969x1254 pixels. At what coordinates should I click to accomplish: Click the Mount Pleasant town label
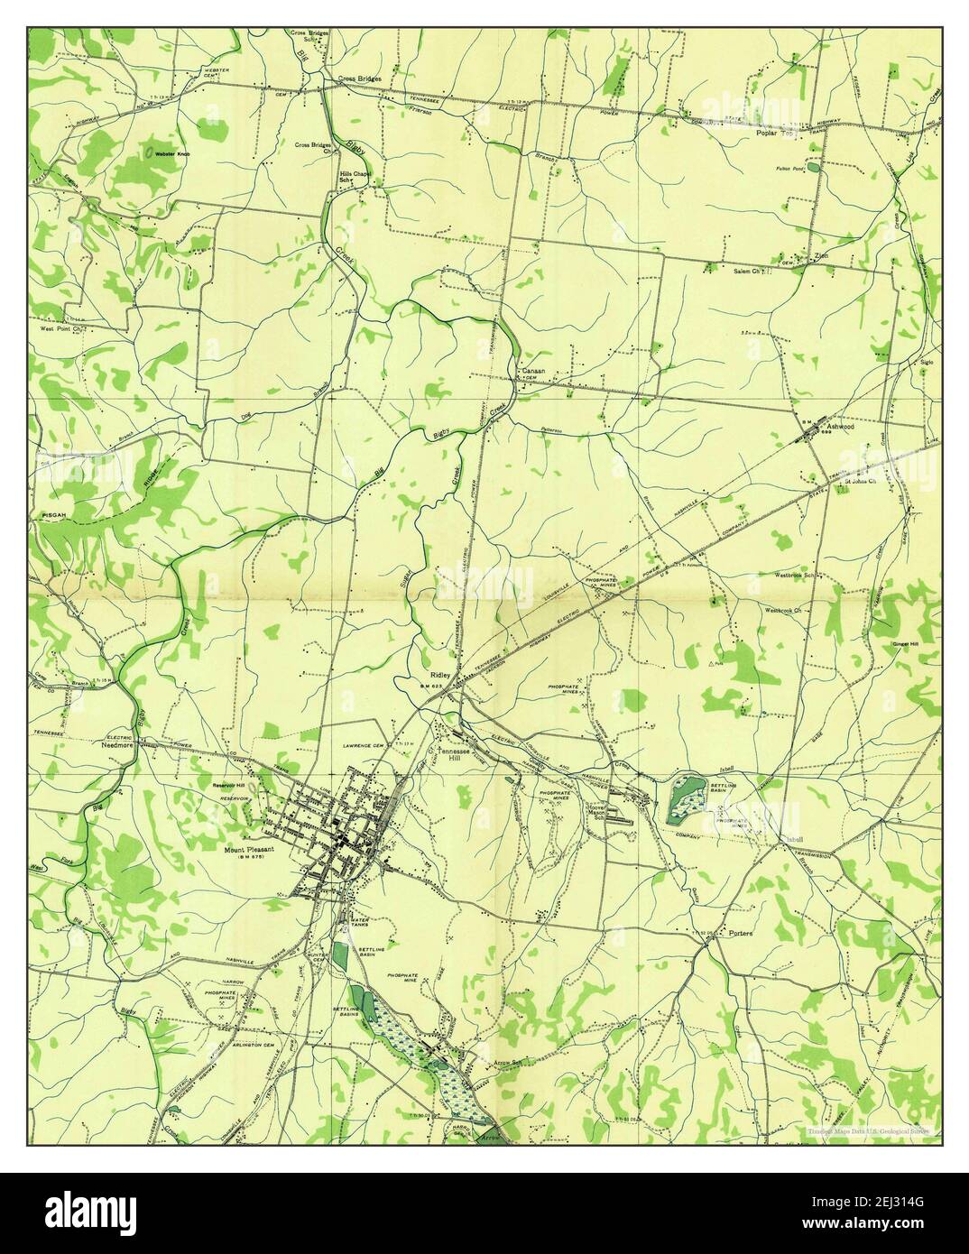coord(249,849)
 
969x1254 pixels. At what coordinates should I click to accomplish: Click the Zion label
coord(821,255)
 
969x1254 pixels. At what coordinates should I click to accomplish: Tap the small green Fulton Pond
coord(814,167)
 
